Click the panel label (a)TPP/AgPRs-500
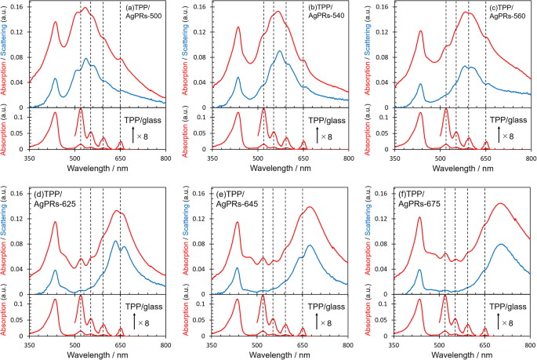[143, 13]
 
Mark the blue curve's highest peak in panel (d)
[115, 241]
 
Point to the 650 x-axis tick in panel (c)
[484, 158]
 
